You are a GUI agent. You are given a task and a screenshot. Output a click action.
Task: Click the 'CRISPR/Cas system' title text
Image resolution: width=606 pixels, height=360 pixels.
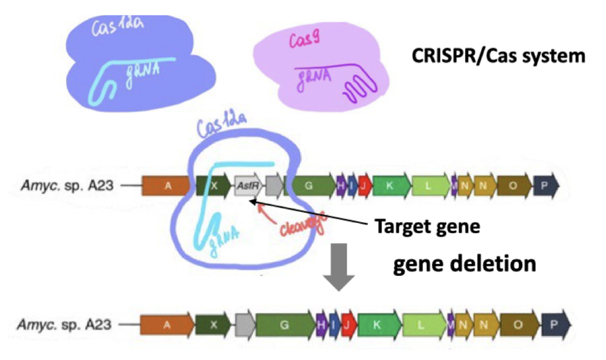pyautogui.click(x=497, y=56)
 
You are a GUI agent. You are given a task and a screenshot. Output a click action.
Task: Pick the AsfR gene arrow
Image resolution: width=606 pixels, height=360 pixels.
pyautogui.click(x=247, y=186)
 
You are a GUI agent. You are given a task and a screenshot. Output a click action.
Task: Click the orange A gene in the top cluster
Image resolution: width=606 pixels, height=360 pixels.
pyautogui.click(x=168, y=186)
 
